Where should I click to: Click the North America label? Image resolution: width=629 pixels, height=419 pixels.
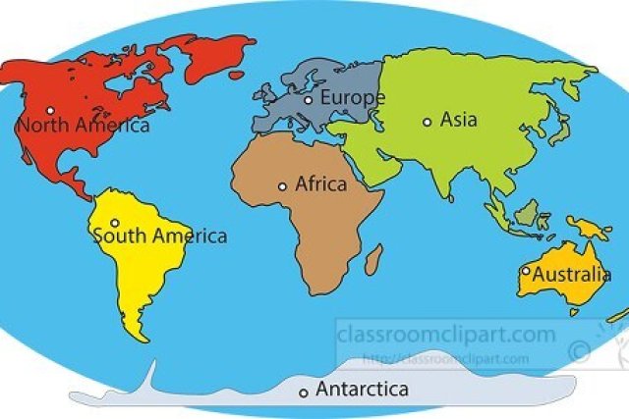click(84, 126)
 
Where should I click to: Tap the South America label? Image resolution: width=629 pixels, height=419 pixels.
click(159, 236)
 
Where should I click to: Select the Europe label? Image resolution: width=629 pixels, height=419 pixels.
click(353, 98)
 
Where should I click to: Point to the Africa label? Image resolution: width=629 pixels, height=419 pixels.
click(320, 184)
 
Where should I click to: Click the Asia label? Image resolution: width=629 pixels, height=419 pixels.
click(458, 121)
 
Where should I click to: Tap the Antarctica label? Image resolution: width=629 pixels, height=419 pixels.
click(362, 390)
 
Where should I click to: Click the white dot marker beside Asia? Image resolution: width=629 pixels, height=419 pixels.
click(427, 122)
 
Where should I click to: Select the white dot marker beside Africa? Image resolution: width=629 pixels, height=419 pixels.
click(282, 185)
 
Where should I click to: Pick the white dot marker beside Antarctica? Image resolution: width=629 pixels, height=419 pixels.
click(304, 393)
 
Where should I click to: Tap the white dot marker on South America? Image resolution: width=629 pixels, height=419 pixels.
click(115, 223)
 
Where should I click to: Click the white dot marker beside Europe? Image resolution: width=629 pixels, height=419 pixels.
click(308, 99)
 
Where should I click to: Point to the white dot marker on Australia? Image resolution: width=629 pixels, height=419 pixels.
click(526, 271)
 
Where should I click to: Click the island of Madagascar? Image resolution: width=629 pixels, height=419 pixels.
click(373, 261)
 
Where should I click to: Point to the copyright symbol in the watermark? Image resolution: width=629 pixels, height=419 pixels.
click(580, 347)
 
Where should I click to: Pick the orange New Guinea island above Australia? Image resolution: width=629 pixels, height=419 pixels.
click(594, 232)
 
